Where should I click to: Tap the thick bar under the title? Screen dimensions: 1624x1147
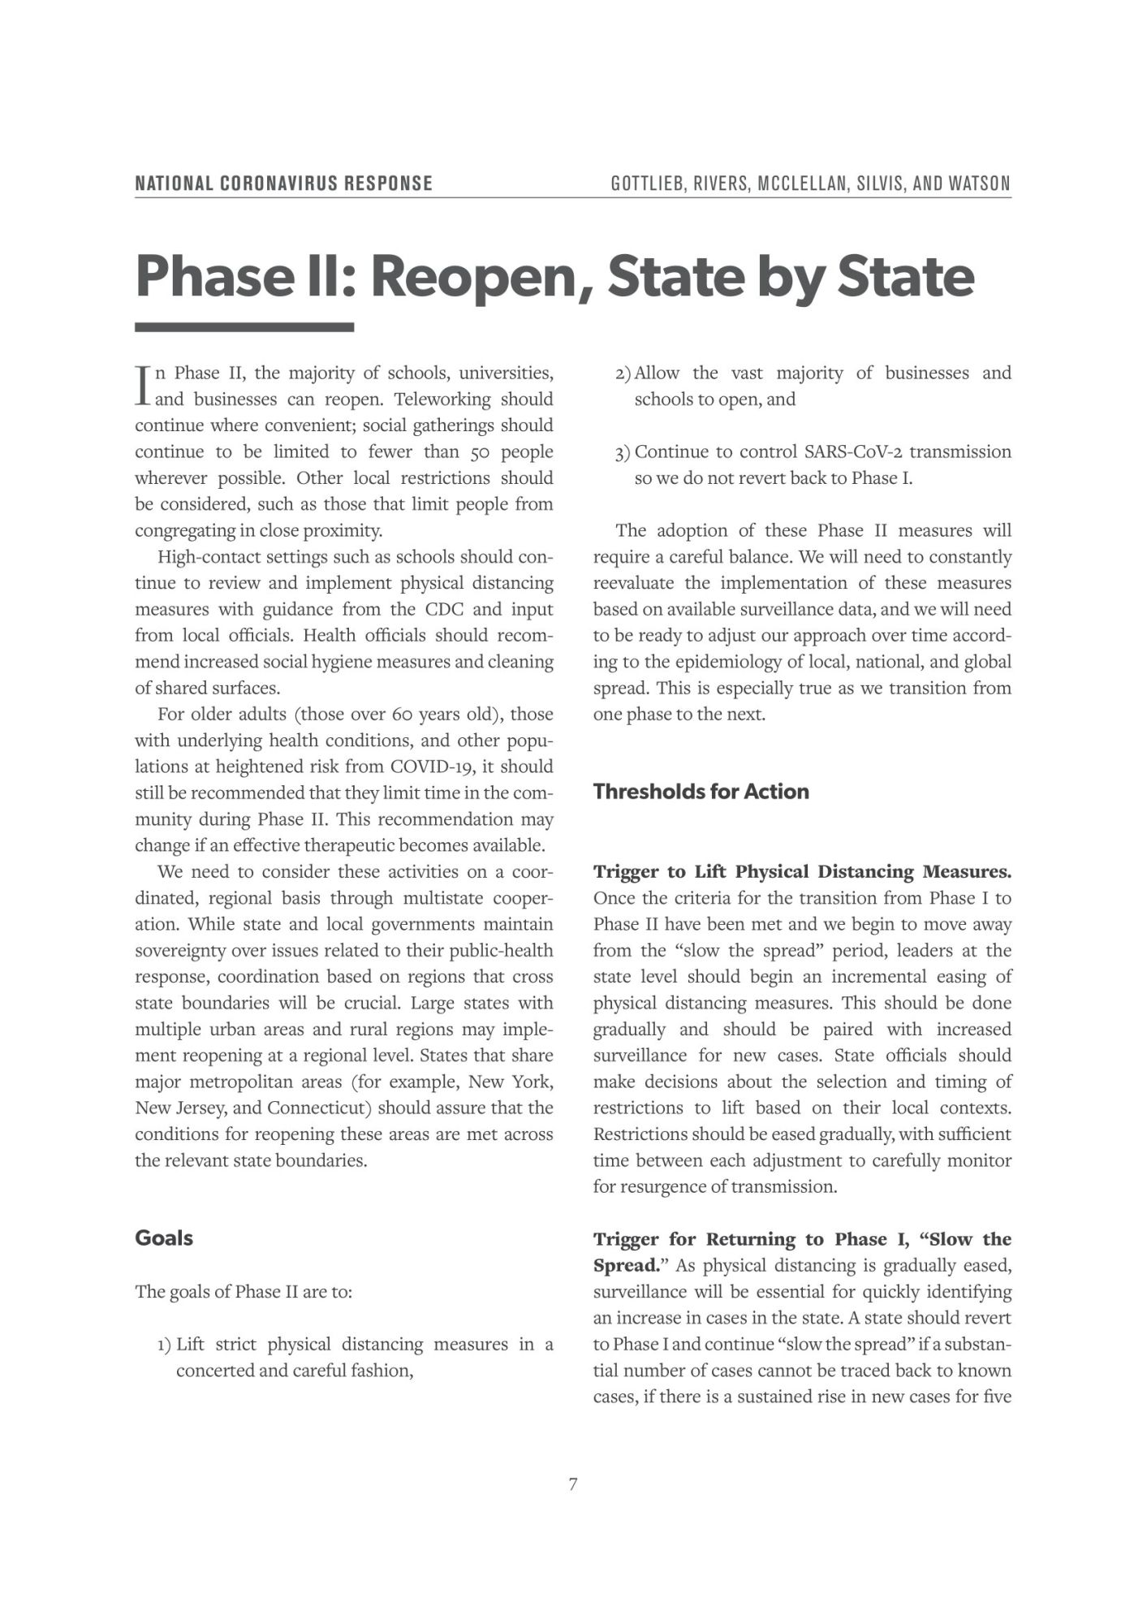click(244, 327)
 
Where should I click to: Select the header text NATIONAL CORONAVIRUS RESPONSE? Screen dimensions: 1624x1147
click(283, 184)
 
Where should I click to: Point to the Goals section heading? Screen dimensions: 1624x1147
click(164, 1238)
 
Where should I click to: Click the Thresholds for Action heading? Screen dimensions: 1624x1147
click(701, 792)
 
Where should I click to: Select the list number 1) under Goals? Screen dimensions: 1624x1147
click(165, 1345)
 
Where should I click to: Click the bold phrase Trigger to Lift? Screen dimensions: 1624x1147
click(660, 872)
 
